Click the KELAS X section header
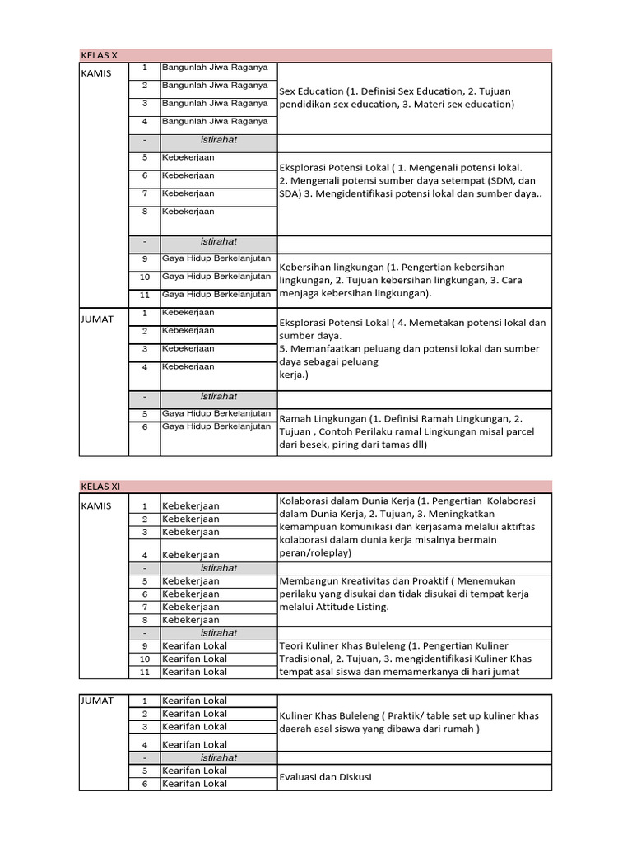pos(99,55)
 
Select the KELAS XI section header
pos(100,487)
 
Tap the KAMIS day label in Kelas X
pos(95,73)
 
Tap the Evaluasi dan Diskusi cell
pos(326,777)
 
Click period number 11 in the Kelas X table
pos(144,295)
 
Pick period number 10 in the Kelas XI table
pos(144,659)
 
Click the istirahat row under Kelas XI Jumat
pos(218,757)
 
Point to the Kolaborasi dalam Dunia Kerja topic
pos(407,527)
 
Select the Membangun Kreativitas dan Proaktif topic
pos(404,594)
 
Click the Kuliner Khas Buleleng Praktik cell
pos(409,722)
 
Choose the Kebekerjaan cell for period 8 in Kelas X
pos(188,212)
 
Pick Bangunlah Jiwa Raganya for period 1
pos(214,68)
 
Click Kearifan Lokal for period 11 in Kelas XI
pos(194,672)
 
